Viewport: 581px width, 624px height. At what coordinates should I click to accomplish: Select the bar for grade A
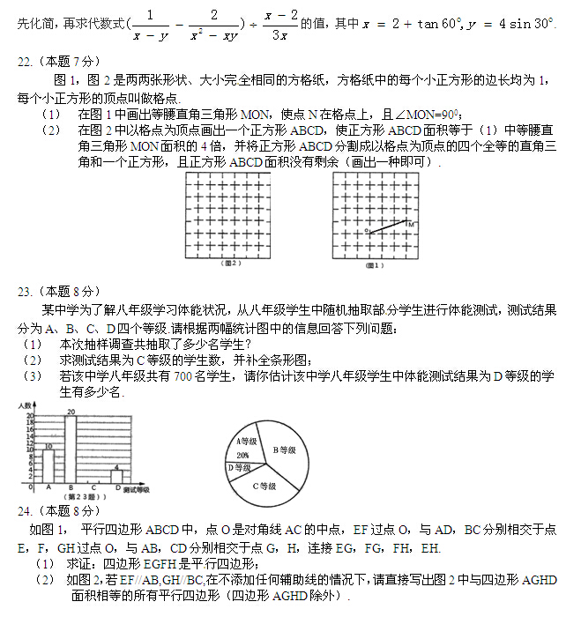coord(48,465)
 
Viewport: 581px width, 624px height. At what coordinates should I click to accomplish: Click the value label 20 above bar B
coord(71,411)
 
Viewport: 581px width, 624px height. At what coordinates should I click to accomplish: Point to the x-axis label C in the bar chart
coord(93,487)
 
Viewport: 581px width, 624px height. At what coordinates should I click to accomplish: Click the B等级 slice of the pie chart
coord(284,450)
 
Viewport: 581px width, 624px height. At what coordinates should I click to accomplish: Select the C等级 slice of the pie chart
coord(264,485)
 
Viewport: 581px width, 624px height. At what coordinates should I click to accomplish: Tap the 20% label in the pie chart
coord(242,455)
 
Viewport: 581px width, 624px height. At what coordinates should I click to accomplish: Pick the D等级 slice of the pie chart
coord(239,468)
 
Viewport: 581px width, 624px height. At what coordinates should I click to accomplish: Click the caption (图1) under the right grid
coord(375,264)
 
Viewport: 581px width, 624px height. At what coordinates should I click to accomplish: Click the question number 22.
coord(26,63)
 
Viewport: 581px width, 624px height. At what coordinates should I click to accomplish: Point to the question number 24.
coord(26,510)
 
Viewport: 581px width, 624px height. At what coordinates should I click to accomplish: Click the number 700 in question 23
coord(184,375)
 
